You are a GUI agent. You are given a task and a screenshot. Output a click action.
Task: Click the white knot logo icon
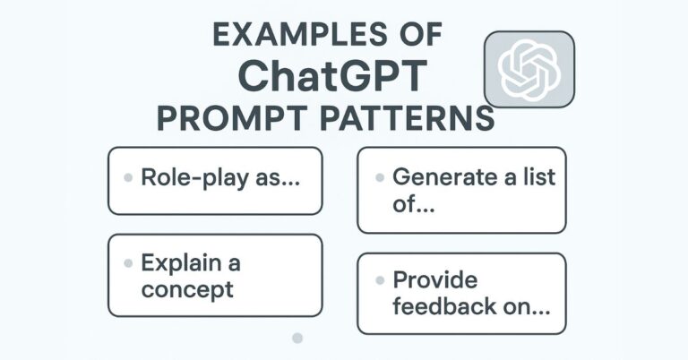(529, 69)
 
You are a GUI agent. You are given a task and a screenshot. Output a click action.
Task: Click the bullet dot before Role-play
(129, 177)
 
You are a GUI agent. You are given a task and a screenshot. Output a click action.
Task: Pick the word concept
(187, 289)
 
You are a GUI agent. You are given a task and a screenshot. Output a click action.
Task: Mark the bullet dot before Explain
(129, 263)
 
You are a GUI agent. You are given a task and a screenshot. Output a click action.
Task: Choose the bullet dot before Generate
(380, 176)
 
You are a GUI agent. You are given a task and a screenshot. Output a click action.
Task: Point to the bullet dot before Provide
(380, 279)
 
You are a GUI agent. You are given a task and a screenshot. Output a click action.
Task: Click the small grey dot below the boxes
(297, 339)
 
